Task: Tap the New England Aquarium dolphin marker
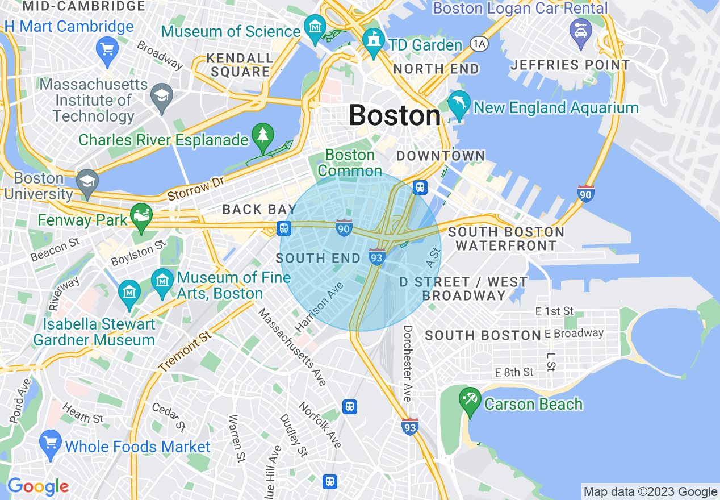tap(459, 105)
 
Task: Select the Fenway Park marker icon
tap(141, 216)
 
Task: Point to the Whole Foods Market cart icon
tap(51, 442)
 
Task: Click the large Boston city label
tap(395, 115)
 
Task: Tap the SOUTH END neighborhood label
tap(318, 258)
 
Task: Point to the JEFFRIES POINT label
tap(570, 65)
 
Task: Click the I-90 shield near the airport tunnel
tap(585, 193)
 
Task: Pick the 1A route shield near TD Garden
tap(478, 44)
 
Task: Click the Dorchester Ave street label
tap(408, 364)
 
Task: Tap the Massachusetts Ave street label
tap(292, 347)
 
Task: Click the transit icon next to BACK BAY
tap(284, 228)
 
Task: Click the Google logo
tap(38, 486)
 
